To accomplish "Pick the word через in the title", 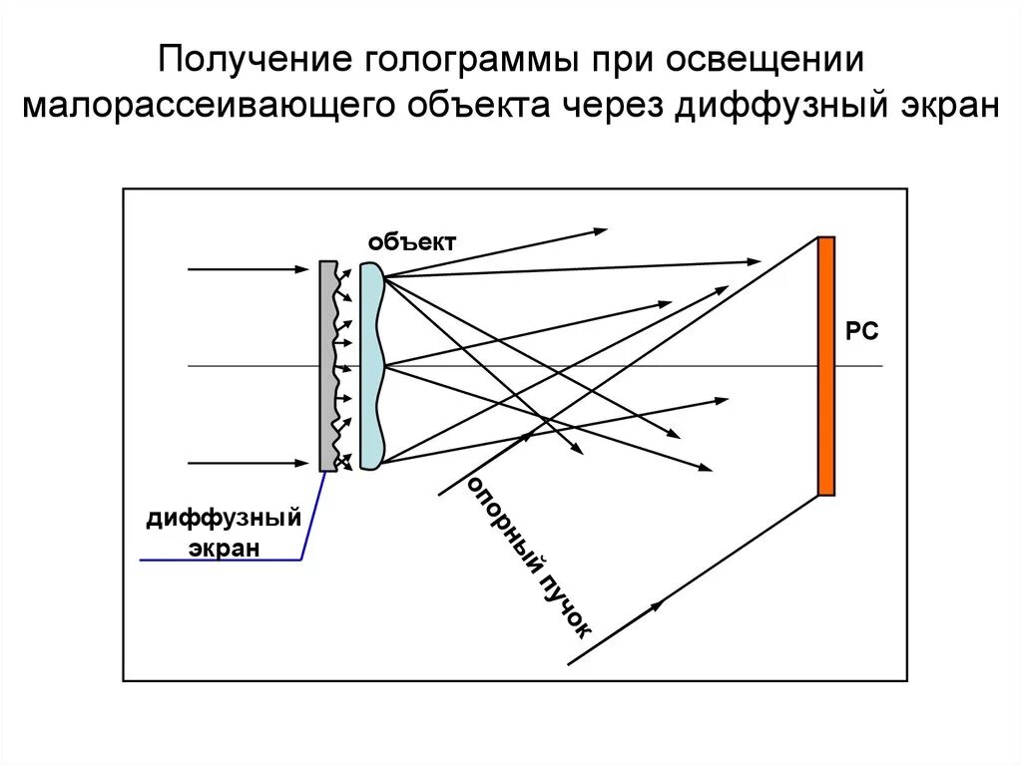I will coord(612,106).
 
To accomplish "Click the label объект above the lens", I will coord(411,242).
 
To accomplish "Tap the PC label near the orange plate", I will coord(861,332).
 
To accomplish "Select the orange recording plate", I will coord(825,366).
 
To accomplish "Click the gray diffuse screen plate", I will coord(326,366).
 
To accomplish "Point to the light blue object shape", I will coord(371,366).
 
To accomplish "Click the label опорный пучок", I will coord(529,559).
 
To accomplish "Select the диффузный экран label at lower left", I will coord(224,533).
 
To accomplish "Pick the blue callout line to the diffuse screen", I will coord(305,529).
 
